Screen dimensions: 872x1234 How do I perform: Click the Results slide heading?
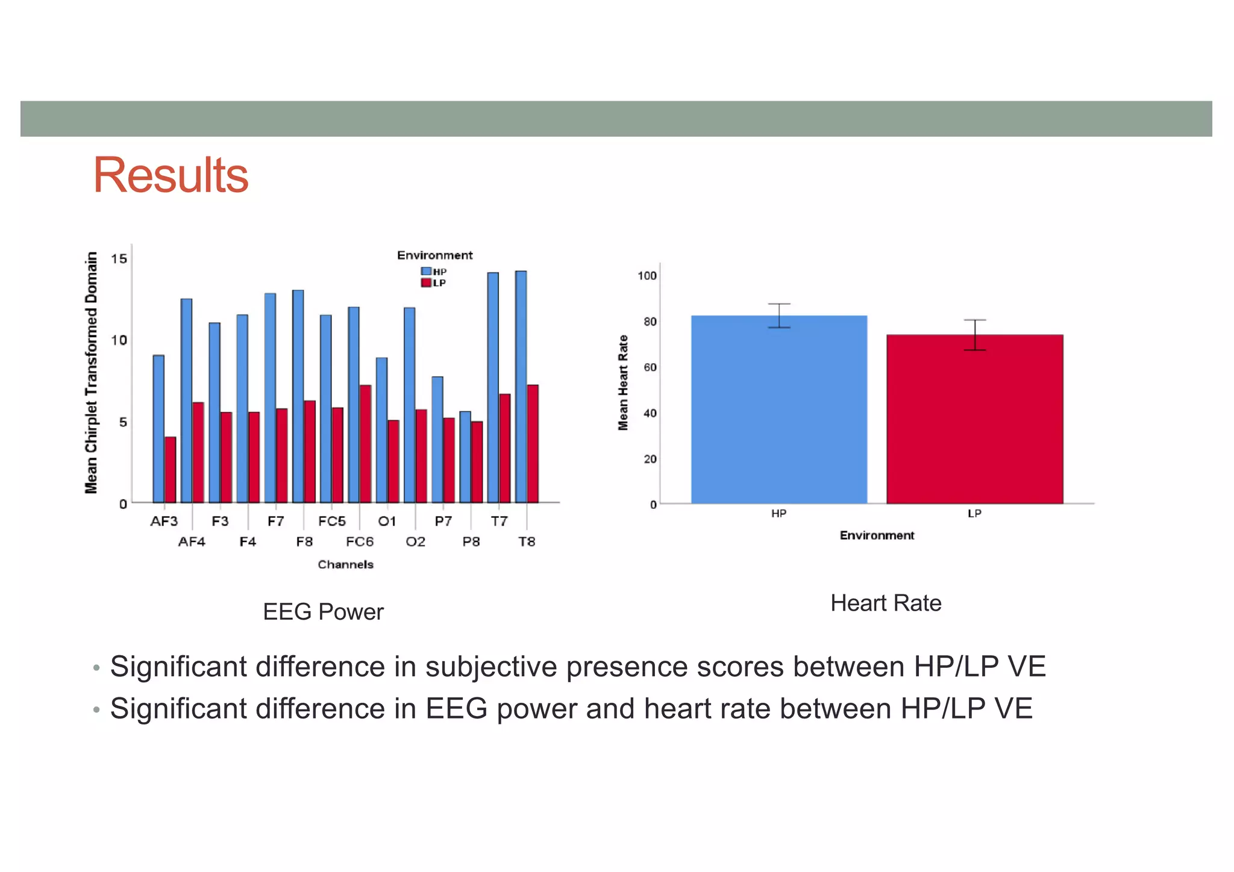pyautogui.click(x=171, y=175)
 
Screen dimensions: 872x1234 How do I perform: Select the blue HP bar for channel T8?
pyautogui.click(x=521, y=385)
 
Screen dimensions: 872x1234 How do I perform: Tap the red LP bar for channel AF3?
pyautogui.click(x=171, y=470)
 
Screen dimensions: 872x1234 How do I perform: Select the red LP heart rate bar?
pyautogui.click(x=974, y=422)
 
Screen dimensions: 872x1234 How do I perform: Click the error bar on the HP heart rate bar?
pyautogui.click(x=779, y=316)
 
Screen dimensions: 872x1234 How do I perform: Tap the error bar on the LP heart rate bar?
pyautogui.click(x=975, y=335)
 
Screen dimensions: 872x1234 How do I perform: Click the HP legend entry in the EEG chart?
pyautogui.click(x=434, y=272)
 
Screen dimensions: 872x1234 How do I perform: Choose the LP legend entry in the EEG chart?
pyautogui.click(x=434, y=283)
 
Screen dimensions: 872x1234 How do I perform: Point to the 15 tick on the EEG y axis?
pyautogui.click(x=119, y=259)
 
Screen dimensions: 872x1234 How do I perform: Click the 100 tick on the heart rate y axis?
pyautogui.click(x=647, y=276)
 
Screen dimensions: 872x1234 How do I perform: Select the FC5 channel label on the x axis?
pyautogui.click(x=332, y=522)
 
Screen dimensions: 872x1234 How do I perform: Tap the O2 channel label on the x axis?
pyautogui.click(x=415, y=542)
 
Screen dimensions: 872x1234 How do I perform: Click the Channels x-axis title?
pyautogui.click(x=345, y=565)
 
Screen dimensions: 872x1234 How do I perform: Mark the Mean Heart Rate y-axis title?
pyautogui.click(x=623, y=383)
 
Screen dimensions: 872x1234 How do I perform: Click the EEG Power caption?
pyautogui.click(x=323, y=612)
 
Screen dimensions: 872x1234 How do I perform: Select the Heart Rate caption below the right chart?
pyautogui.click(x=885, y=603)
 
